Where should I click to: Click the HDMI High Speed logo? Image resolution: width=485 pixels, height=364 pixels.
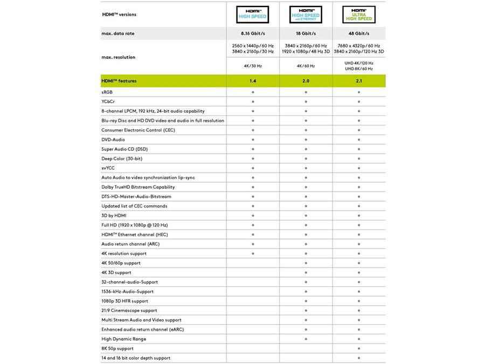253,15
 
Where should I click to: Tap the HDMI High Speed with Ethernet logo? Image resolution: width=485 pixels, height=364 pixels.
306,15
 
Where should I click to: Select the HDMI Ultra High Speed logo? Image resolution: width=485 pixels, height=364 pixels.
358,15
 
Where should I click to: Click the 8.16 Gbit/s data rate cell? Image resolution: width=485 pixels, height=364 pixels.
253,33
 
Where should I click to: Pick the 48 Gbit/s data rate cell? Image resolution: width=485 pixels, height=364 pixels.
358,33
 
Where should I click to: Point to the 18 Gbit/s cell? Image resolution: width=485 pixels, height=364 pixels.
306,33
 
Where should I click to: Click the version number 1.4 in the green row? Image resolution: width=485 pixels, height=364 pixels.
253,81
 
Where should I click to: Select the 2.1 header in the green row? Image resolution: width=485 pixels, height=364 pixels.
358,81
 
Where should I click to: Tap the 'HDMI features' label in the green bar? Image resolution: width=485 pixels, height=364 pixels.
119,81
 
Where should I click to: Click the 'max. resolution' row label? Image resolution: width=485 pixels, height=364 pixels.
119,57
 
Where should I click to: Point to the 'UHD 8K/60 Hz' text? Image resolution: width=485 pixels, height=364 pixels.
358,69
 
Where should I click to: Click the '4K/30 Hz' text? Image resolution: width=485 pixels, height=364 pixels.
253,66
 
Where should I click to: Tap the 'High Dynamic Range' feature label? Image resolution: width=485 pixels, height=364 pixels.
123,339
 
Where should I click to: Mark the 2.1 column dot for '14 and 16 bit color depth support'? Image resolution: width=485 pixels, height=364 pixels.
358,358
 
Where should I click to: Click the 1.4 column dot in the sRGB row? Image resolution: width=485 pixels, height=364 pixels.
253,92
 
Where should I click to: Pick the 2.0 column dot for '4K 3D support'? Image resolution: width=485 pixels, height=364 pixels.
306,272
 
